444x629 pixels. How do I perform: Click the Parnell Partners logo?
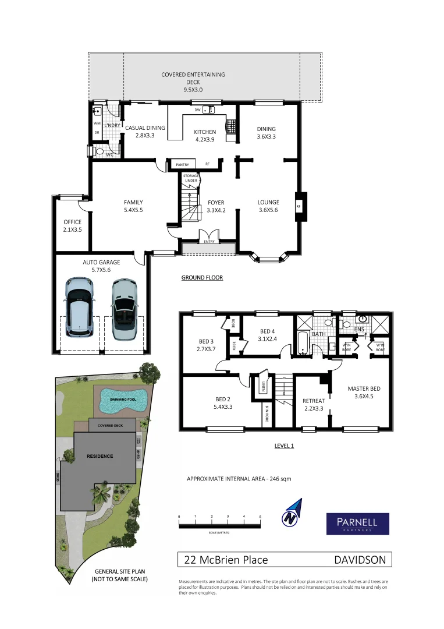(x=357, y=523)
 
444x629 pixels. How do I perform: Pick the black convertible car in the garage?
(x=123, y=308)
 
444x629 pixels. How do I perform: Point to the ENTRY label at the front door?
(x=209, y=241)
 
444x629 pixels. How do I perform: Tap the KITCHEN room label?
(x=205, y=132)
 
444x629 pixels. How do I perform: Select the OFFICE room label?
(x=73, y=222)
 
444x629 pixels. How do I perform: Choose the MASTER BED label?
(x=364, y=388)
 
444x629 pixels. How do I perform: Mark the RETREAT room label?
(x=314, y=401)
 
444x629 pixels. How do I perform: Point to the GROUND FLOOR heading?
(x=202, y=278)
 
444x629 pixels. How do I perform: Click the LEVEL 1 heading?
(x=284, y=446)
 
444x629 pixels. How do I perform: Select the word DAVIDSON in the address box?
(x=359, y=560)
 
